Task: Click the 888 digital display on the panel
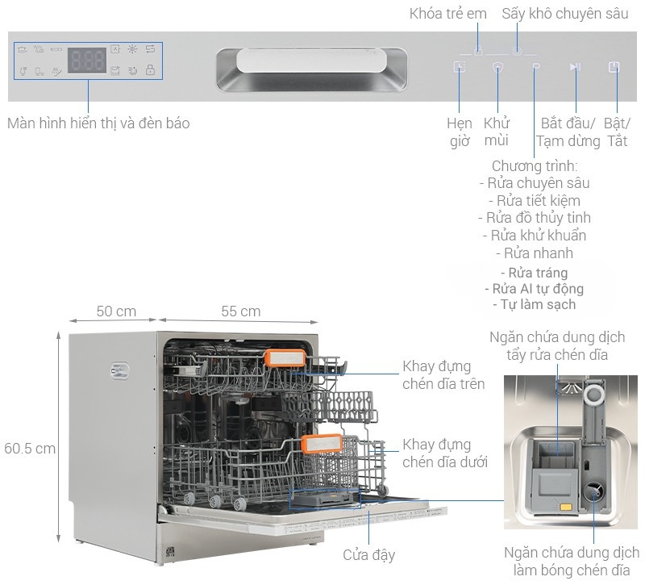[x=87, y=61]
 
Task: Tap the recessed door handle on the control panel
[x=311, y=68]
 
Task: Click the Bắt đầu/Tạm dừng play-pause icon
[x=575, y=67]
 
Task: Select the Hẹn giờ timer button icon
[x=460, y=67]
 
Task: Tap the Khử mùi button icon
[x=497, y=67]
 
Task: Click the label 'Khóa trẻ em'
[x=448, y=14]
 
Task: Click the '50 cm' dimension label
[x=116, y=311]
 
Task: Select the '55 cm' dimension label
[x=240, y=311]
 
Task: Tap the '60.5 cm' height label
[x=30, y=449]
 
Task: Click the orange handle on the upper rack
[x=285, y=358]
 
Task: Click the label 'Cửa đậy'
[x=368, y=555]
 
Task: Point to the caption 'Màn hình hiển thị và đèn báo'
[x=98, y=123]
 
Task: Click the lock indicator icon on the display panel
[x=150, y=71]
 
